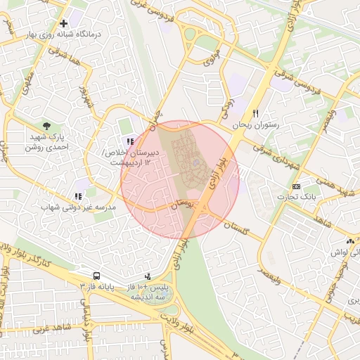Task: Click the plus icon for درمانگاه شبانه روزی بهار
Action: point(64,23)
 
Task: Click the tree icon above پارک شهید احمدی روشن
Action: point(46,124)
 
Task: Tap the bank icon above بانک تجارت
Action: point(296,186)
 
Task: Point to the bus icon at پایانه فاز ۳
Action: point(96,276)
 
